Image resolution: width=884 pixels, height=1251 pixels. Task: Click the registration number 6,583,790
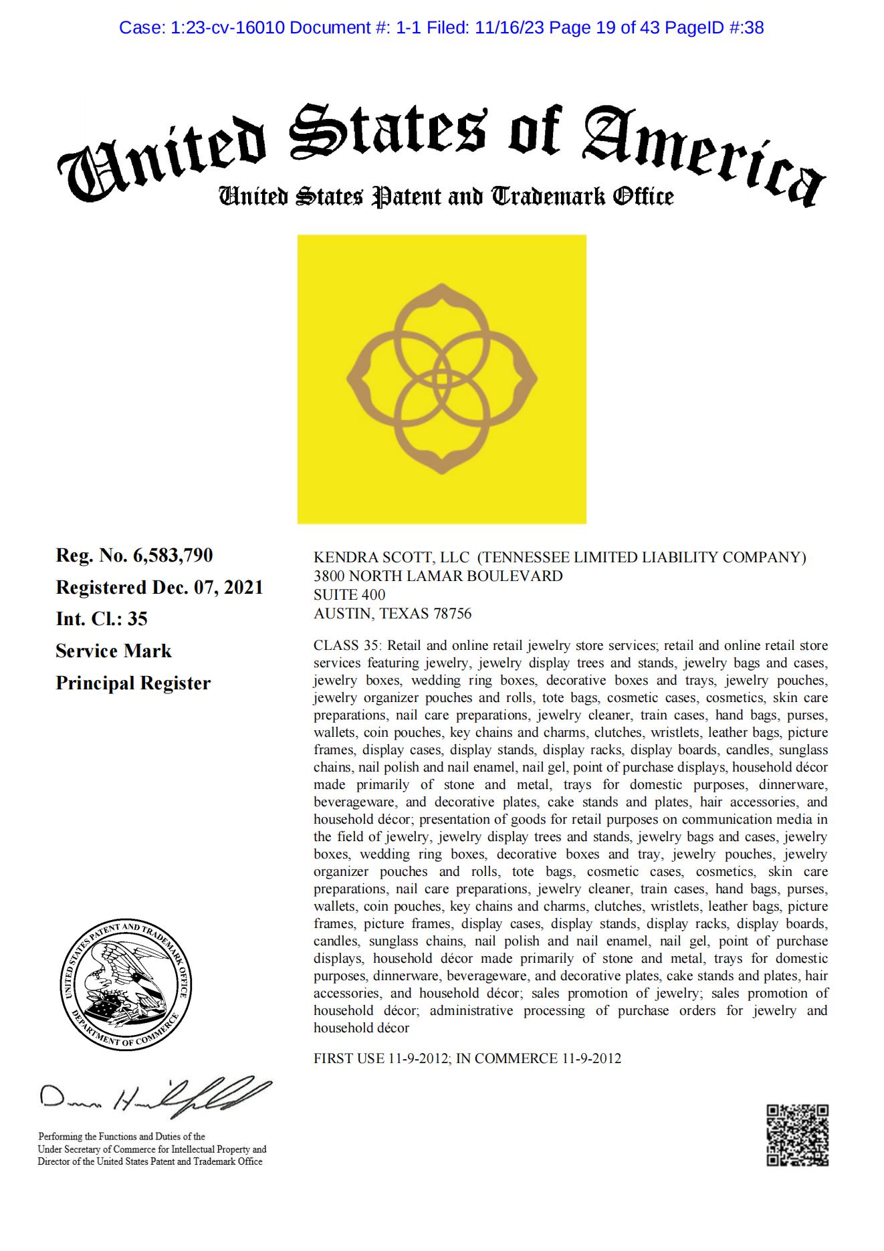click(173, 556)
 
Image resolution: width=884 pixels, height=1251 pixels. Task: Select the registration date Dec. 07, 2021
click(207, 588)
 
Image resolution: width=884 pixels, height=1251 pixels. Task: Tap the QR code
click(797, 1135)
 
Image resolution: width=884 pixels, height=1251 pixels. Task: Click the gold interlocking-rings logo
click(441, 379)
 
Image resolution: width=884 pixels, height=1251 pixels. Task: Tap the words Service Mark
click(114, 651)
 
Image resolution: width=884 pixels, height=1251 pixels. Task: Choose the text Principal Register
click(133, 683)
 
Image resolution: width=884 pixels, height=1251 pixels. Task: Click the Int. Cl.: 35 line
click(102, 619)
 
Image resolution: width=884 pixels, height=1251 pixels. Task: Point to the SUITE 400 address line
click(350, 594)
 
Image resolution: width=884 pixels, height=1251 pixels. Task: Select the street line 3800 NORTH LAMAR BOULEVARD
click(438, 576)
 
